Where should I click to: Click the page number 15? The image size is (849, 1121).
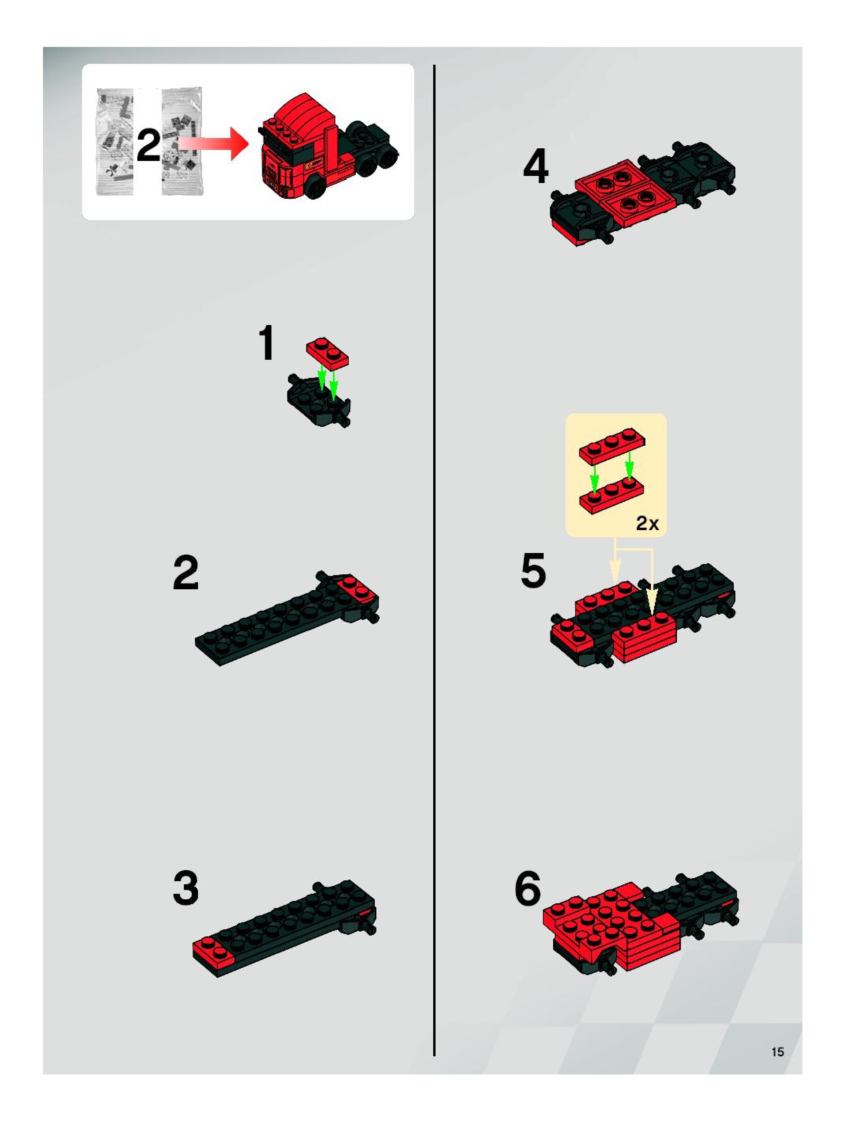(x=778, y=1052)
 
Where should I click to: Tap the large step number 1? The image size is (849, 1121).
(x=267, y=343)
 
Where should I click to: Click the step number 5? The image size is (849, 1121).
(x=533, y=571)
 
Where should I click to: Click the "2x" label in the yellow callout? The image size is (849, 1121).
(x=647, y=523)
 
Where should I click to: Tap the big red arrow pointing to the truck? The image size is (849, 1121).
(x=213, y=144)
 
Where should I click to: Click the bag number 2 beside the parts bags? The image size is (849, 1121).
(x=148, y=146)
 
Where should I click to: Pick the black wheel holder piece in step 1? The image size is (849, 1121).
(x=319, y=400)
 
